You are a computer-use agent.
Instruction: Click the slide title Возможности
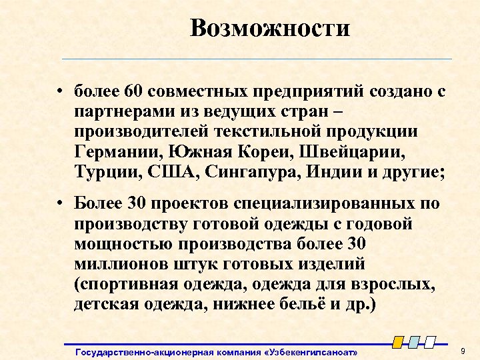click(269, 29)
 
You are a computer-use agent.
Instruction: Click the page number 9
click(462, 350)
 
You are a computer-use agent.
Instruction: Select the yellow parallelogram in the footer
click(398, 342)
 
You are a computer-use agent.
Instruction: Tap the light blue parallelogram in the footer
click(414, 342)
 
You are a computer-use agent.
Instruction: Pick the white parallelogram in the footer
click(430, 342)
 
